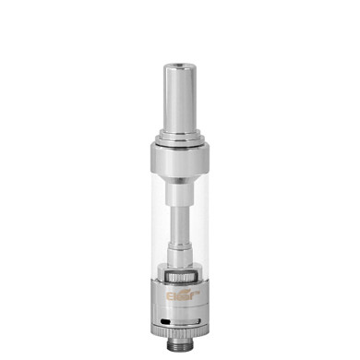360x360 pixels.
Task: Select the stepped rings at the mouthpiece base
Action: (179, 137)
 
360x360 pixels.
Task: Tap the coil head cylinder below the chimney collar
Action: (179, 258)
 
